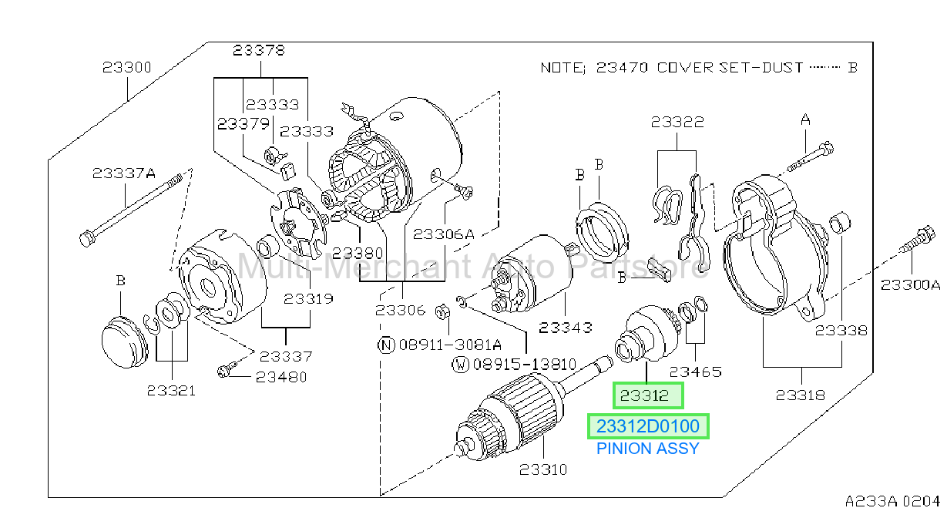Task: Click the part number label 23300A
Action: pos(910,285)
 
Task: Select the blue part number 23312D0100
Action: pos(648,426)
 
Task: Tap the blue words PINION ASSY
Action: pos(648,449)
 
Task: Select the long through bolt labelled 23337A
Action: pos(131,210)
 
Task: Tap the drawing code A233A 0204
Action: pos(892,501)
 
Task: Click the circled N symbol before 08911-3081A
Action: pos(386,345)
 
